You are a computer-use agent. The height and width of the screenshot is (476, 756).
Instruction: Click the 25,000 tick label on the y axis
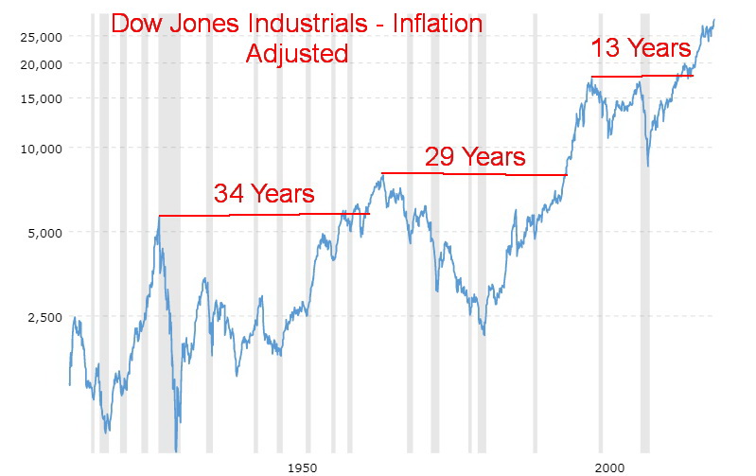(x=42, y=37)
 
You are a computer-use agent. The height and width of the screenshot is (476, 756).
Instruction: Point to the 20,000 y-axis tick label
(x=42, y=64)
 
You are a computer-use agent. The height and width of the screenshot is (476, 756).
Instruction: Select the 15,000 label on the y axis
(x=42, y=98)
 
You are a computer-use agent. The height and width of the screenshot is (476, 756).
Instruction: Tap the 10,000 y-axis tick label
(x=42, y=149)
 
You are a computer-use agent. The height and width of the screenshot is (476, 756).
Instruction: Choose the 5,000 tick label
(x=44, y=233)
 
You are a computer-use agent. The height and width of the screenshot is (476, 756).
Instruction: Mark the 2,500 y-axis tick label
(x=44, y=317)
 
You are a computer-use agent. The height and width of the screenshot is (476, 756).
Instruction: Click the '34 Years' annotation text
(x=263, y=194)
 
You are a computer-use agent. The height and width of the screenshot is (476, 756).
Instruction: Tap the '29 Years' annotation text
(x=474, y=156)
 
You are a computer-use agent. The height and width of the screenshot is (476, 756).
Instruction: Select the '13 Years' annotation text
(x=641, y=47)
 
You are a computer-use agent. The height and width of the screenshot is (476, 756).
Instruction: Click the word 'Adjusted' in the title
(x=297, y=53)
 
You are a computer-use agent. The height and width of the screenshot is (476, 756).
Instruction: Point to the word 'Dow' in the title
(x=139, y=24)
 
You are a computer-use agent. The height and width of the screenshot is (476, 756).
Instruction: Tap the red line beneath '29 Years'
(x=473, y=174)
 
